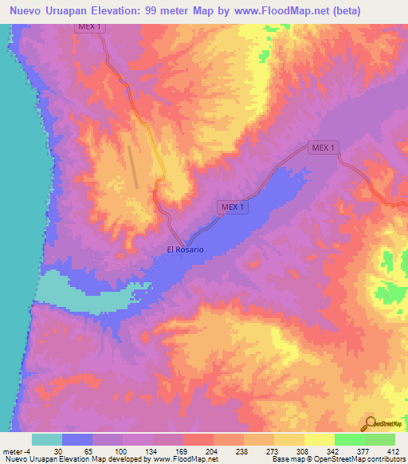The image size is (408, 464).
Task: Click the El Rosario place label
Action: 185,250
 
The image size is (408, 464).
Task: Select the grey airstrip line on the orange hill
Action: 134,167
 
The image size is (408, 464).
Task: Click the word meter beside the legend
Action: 12,450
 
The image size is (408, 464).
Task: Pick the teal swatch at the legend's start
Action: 47,439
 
